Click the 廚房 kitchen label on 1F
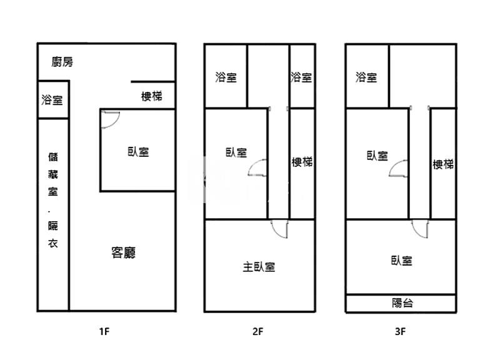pyautogui.click(x=62, y=61)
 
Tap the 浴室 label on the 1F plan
pyautogui.click(x=52, y=99)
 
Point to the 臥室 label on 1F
pyautogui.click(x=137, y=151)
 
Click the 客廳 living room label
pyautogui.click(x=123, y=252)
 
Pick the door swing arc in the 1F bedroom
pyautogui.click(x=110, y=119)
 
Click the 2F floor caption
pyautogui.click(x=257, y=332)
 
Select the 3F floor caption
pyautogui.click(x=401, y=332)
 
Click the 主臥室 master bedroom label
pyautogui.click(x=259, y=267)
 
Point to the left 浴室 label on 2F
pyautogui.click(x=226, y=77)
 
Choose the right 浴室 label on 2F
pyautogui.click(x=301, y=77)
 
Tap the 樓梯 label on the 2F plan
pyautogui.click(x=302, y=162)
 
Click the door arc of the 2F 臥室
pyautogui.click(x=258, y=169)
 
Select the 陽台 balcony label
pyautogui.click(x=402, y=303)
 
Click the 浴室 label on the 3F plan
pyautogui.click(x=366, y=77)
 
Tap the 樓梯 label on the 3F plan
pyautogui.click(x=443, y=164)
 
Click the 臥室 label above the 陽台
pyautogui.click(x=401, y=261)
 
